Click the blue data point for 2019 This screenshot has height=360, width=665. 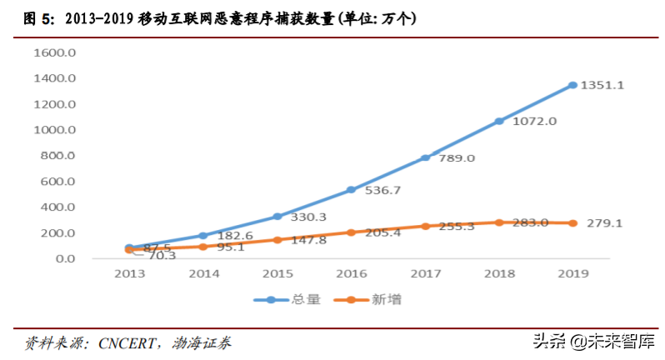pyautogui.click(x=572, y=85)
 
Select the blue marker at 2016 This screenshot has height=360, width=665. pyautogui.click(x=351, y=189)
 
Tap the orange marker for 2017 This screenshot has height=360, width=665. pyautogui.click(x=425, y=226)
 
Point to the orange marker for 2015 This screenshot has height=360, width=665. pyautogui.click(x=277, y=239)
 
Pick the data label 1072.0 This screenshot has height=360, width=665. pyautogui.click(x=534, y=121)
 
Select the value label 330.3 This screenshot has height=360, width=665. pyautogui.click(x=307, y=218)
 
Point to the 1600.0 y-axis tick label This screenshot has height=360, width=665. pyautogui.click(x=55, y=52)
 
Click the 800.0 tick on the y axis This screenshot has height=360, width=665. pyautogui.click(x=58, y=156)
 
